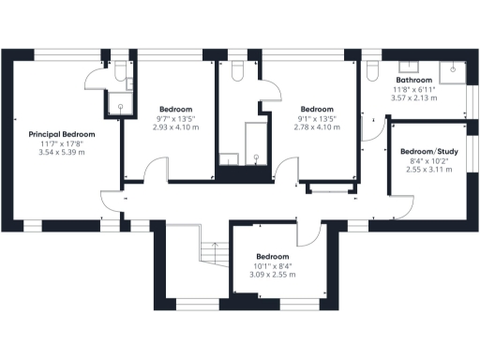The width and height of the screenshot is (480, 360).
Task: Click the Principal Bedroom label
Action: tap(62, 134)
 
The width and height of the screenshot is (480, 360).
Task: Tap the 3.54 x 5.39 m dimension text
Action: tap(62, 151)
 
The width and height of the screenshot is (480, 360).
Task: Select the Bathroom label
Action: tap(412, 81)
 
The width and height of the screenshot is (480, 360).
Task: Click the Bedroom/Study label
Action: tap(428, 152)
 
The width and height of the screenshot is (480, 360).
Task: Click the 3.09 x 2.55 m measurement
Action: tap(273, 275)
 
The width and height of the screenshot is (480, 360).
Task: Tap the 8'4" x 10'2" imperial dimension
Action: tap(428, 161)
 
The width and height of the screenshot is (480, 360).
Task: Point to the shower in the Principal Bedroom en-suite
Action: tap(120, 102)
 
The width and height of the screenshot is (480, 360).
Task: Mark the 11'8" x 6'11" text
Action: tap(412, 89)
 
